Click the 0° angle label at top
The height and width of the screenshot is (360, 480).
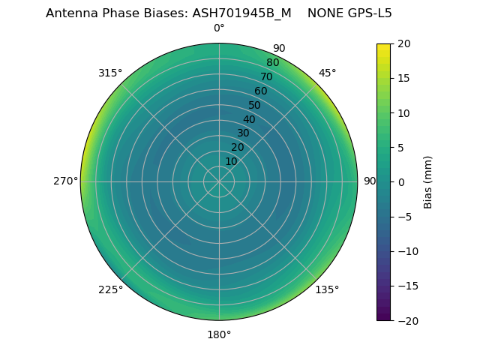click(x=219, y=28)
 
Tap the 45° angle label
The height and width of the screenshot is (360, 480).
click(x=328, y=73)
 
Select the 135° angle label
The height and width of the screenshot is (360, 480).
click(x=327, y=290)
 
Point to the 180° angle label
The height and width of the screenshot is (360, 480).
click(x=219, y=334)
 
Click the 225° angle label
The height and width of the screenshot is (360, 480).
click(x=110, y=290)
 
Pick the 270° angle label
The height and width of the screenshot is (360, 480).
click(x=65, y=181)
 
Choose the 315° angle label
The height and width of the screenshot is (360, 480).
click(x=110, y=73)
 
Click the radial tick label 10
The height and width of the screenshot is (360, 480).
click(x=231, y=161)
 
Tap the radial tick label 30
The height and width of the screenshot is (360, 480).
click(x=243, y=133)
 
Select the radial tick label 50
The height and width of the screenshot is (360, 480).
click(x=254, y=106)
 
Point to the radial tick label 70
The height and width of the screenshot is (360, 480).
click(x=266, y=76)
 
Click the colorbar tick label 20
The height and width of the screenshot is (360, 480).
click(x=404, y=43)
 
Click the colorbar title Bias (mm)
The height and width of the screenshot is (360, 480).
click(x=428, y=182)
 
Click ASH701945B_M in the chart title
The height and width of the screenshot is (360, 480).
click(x=243, y=13)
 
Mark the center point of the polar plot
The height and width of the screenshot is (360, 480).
click(x=219, y=181)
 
